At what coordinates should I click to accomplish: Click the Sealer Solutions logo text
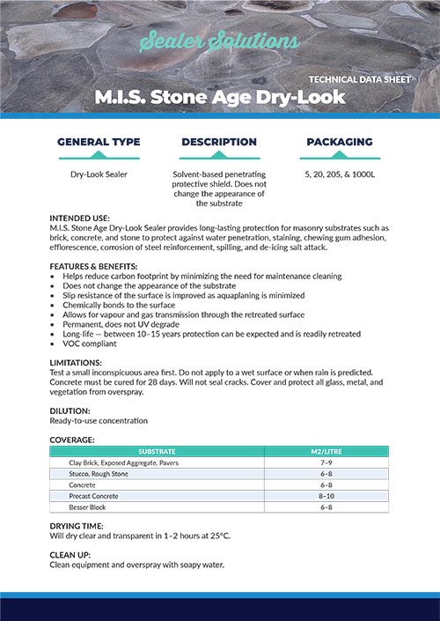219,42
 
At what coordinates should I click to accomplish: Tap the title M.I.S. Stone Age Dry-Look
220,97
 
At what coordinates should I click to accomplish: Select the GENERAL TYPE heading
99,142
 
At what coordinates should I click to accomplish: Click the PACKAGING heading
339,142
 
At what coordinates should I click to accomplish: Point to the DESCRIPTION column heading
219,142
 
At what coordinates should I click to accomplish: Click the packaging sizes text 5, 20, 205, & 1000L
339,174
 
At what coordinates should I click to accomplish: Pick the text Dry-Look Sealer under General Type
99,174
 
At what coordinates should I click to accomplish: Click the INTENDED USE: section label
80,218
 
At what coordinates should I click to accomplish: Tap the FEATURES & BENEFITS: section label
93,266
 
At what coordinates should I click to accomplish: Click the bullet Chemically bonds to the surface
123,305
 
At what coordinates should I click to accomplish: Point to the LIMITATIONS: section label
77,363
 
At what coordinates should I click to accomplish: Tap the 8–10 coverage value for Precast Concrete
326,496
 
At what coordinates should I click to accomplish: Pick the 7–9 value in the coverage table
326,462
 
